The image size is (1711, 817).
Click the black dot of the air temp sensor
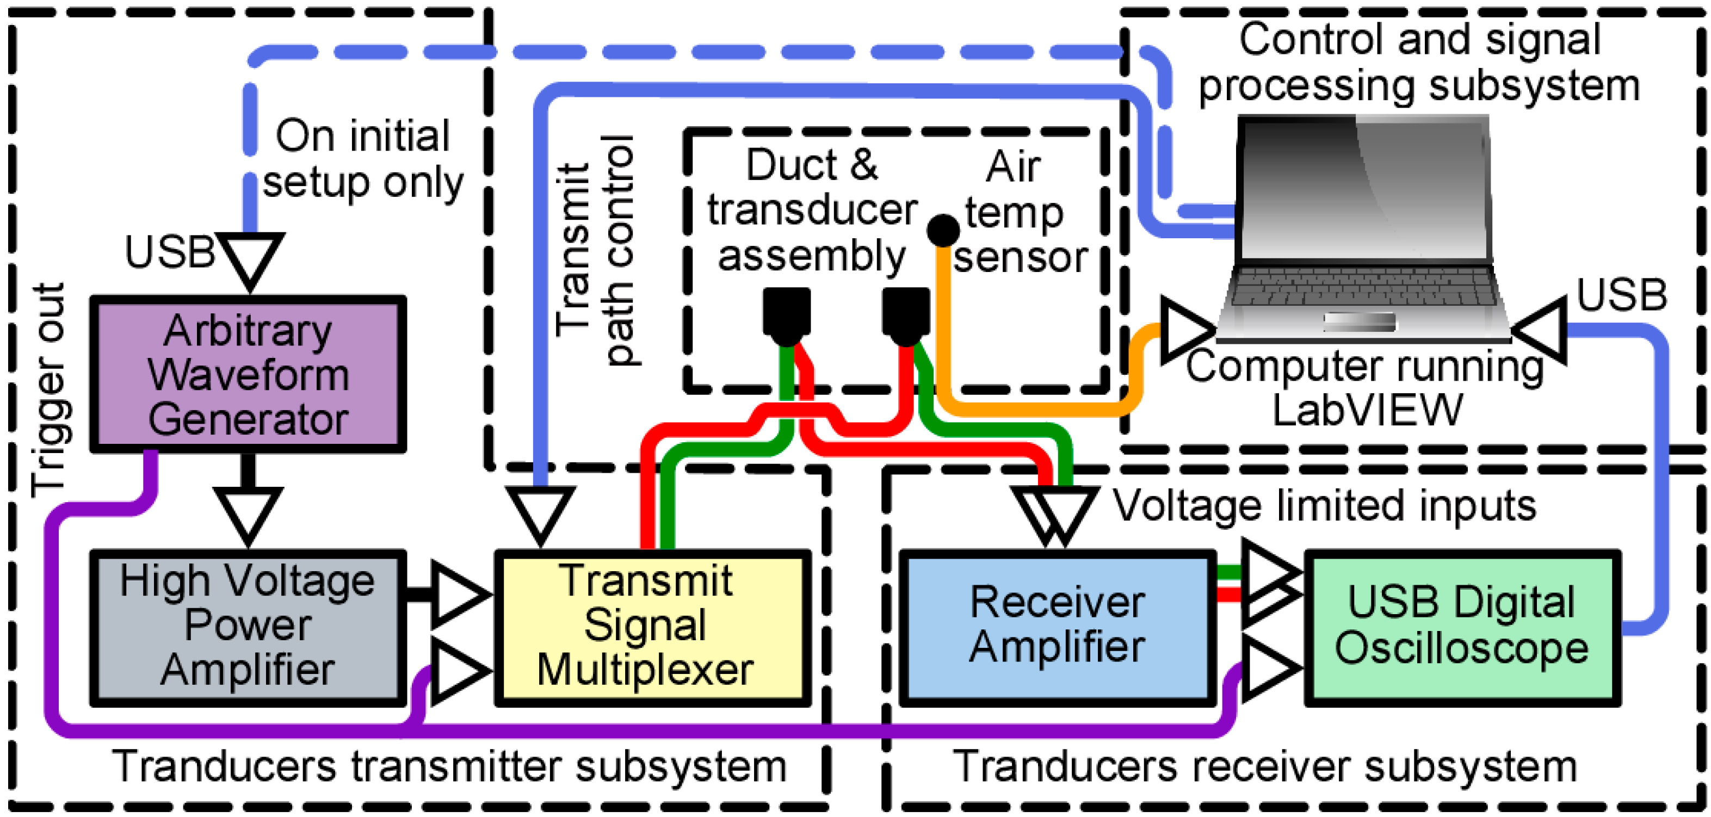(942, 231)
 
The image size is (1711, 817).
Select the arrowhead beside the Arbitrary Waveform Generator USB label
(250, 259)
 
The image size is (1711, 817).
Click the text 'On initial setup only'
(362, 159)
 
